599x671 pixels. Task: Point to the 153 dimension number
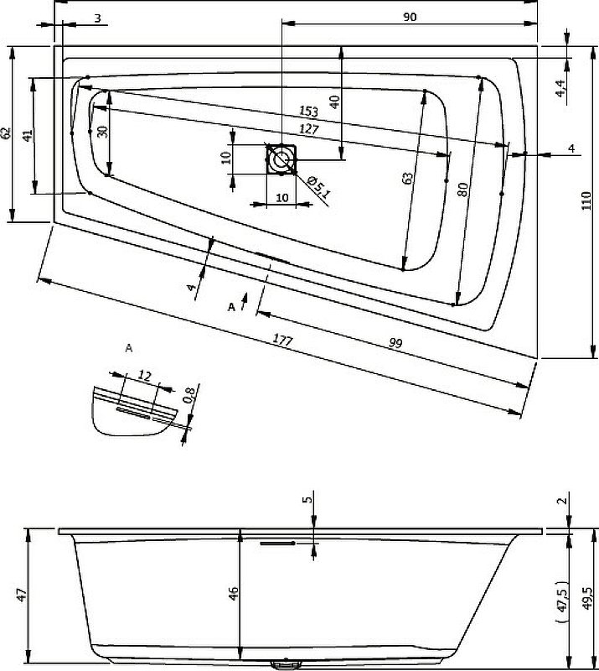point(310,112)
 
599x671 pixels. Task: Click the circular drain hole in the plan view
point(281,158)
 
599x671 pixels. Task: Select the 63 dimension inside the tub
point(408,178)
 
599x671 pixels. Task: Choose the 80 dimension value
point(462,190)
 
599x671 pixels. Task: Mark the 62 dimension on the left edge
point(7,133)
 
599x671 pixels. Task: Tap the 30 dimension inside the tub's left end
point(102,132)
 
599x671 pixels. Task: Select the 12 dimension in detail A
point(143,376)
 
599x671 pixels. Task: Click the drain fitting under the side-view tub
point(286,663)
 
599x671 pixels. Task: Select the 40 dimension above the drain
point(335,102)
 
